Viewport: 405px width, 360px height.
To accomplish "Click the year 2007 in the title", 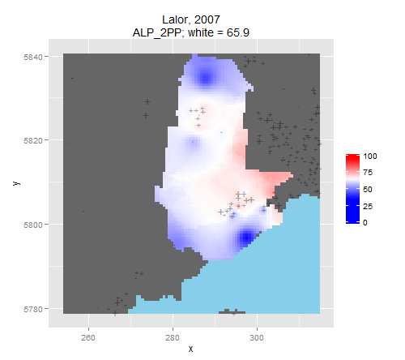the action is pyautogui.click(x=207, y=19).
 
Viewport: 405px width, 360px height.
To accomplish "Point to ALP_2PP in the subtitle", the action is pyautogui.click(x=157, y=33).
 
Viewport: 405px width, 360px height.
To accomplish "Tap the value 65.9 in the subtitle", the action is pyautogui.click(x=238, y=32).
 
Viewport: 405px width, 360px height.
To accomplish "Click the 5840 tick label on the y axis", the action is pyautogui.click(x=33, y=57).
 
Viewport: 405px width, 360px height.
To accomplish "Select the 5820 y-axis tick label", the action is pyautogui.click(x=33, y=141).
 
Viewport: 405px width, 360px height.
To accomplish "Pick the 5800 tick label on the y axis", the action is pyautogui.click(x=33, y=225).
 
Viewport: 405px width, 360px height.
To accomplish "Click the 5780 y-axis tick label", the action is pyautogui.click(x=33, y=309).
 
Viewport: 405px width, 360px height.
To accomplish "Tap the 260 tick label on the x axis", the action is pyautogui.click(x=88, y=338).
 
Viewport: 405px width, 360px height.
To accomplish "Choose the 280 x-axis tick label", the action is pyautogui.click(x=173, y=338).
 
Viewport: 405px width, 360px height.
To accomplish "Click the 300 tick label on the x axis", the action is pyautogui.click(x=257, y=338).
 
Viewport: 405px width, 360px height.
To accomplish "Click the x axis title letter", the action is pyautogui.click(x=191, y=349).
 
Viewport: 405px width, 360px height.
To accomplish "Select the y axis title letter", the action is pyautogui.click(x=16, y=183).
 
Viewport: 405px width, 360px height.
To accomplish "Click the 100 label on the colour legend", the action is pyautogui.click(x=370, y=156).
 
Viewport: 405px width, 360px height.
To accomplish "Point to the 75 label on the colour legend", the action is pyautogui.click(x=368, y=173).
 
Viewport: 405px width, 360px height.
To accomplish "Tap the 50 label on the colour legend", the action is pyautogui.click(x=368, y=189).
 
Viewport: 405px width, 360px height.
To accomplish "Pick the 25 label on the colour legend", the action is pyautogui.click(x=368, y=206).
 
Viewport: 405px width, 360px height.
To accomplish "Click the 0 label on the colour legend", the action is pyautogui.click(x=365, y=223).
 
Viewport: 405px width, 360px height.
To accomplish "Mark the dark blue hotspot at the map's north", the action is pyautogui.click(x=205, y=78).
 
